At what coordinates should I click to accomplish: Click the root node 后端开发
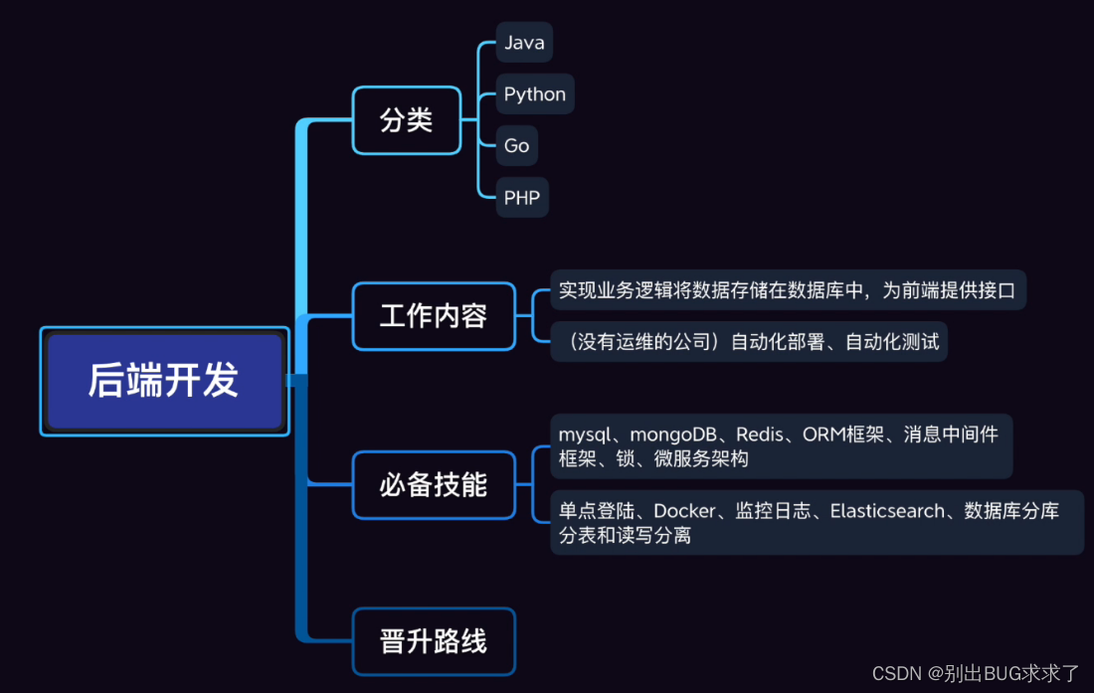[x=164, y=381]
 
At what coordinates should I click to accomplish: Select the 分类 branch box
[x=407, y=120]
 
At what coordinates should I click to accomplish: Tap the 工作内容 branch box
[x=434, y=316]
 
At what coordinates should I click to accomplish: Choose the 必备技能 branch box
[x=434, y=484]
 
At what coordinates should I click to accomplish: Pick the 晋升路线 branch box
[x=434, y=641]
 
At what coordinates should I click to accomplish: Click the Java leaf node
[x=524, y=42]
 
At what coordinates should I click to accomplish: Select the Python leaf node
[x=535, y=93]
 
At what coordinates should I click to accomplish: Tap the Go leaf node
[x=516, y=145]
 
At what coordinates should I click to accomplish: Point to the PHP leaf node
[x=522, y=197]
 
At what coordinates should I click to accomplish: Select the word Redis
[x=760, y=434]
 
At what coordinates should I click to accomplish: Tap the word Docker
[x=684, y=511]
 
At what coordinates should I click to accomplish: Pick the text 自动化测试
[x=892, y=341]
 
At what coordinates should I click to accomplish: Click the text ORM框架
[x=842, y=434]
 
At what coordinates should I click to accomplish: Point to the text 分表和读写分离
[x=625, y=535]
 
